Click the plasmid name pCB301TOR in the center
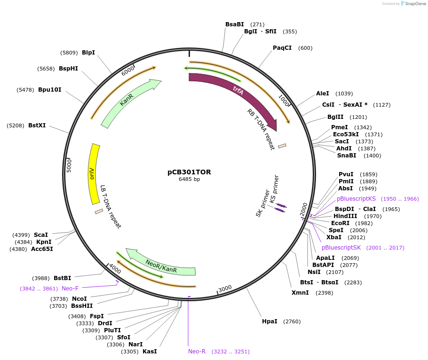189,172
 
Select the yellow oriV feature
94,174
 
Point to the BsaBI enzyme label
235,24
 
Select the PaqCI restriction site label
282,48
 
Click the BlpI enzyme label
88,52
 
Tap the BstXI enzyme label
37,125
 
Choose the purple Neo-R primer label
197,352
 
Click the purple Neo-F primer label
70,288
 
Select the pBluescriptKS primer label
356,199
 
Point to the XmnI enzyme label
300,293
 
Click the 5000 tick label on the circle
69,165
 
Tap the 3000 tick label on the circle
225,288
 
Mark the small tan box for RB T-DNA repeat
282,146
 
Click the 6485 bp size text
189,180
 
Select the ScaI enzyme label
41,235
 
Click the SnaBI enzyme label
347,156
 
